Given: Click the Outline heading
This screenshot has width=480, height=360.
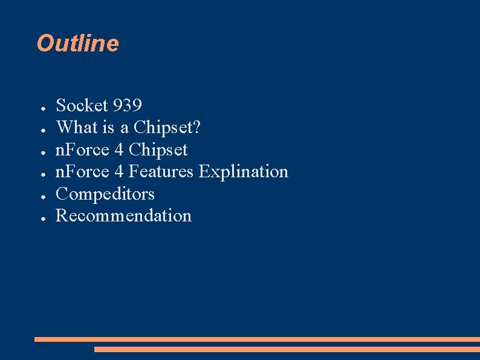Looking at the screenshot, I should point(77,44).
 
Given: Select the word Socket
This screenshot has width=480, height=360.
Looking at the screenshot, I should point(82,105).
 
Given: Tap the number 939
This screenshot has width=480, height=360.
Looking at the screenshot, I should point(127,105).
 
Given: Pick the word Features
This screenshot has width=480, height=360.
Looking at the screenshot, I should point(161,171).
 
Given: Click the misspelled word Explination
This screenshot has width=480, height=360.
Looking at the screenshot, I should point(244,171).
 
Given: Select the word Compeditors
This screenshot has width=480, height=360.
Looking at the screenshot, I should point(105,194).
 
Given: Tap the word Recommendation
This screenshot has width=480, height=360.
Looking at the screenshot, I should point(123,215).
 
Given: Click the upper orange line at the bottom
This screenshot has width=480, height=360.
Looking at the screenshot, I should point(257,339).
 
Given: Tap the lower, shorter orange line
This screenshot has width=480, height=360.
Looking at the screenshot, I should point(287,349).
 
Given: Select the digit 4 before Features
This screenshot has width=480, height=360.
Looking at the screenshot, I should point(119,171).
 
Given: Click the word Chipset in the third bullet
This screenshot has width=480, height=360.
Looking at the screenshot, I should point(158,149).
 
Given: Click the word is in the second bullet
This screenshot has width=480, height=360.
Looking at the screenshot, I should point(108,128).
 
